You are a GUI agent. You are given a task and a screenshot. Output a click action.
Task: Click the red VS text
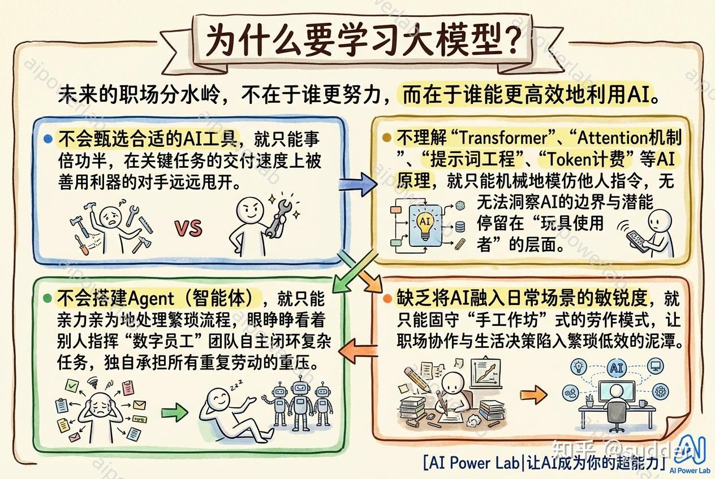188,228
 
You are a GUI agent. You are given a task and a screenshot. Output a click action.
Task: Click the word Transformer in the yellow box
503,138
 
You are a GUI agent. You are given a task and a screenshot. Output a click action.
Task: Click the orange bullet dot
387,299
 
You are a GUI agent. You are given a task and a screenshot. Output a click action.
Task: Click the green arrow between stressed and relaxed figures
174,412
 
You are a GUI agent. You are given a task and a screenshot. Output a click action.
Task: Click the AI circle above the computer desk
617,368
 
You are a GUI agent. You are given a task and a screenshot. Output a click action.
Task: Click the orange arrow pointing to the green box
358,351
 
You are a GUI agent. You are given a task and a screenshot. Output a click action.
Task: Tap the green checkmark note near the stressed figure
72,386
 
